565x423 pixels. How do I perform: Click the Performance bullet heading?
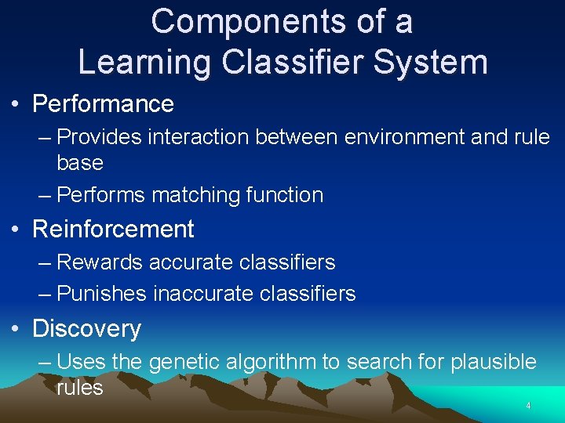(x=103, y=103)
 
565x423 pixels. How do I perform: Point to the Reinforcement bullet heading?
(x=113, y=229)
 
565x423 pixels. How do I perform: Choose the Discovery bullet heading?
(x=86, y=328)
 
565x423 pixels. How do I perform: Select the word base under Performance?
(x=80, y=163)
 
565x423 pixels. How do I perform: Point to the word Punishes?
(x=102, y=295)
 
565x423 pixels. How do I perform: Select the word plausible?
(x=488, y=362)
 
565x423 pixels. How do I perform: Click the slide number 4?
(x=528, y=406)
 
